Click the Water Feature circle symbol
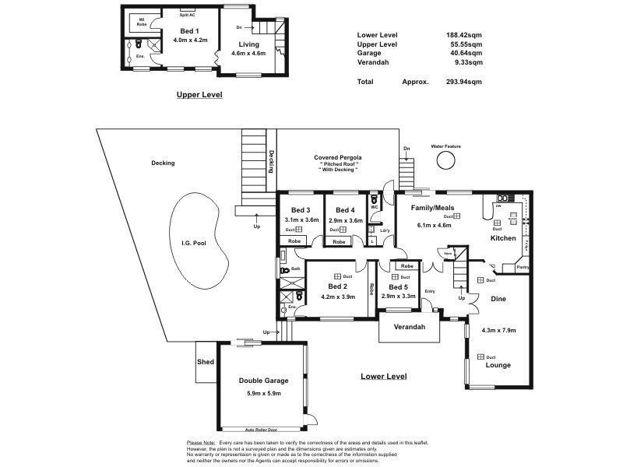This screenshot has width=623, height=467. pos(446,160)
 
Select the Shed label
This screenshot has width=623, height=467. pos(206,362)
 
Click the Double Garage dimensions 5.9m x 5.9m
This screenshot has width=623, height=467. pos(265,395)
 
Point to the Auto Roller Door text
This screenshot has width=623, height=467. pos(262,430)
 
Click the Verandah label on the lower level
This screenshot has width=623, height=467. pos(409,326)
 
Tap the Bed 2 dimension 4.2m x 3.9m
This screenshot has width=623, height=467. pos(339,297)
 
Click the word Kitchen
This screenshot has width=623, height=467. pos(502,238)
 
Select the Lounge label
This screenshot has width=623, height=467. pos(498,365)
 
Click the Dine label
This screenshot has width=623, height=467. pos(498,298)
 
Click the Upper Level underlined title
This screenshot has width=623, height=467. pos(199,94)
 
